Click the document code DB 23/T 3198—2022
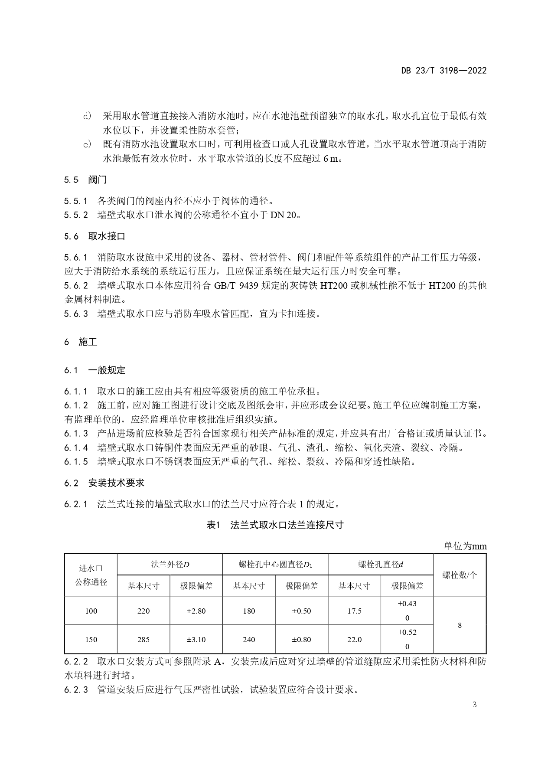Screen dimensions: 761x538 coord(443,70)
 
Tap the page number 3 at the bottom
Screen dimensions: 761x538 coord(474,705)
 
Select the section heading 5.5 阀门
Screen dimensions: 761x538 coord(85,180)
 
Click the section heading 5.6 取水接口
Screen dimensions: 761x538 coord(95,236)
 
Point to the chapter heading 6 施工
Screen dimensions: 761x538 coord(81,342)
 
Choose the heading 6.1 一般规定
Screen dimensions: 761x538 coord(95,370)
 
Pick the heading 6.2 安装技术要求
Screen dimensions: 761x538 coord(104,483)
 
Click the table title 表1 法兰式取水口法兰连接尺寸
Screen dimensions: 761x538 coord(275,525)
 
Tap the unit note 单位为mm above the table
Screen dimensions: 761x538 coord(465,546)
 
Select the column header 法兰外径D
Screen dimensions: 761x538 coord(170,565)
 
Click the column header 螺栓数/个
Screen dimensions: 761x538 coord(460,575)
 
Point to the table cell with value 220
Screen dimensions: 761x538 coord(143,611)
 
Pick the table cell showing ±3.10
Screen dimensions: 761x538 coord(196,640)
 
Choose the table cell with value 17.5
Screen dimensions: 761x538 coord(354,611)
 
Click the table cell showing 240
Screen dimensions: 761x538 coord(249,640)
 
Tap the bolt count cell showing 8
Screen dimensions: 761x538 coord(460,625)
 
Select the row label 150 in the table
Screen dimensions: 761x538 coord(91,640)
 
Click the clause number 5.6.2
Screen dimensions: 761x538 coord(76,286)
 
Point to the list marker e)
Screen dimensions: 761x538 coord(87,144)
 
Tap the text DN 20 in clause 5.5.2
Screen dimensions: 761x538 coord(284,215)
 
